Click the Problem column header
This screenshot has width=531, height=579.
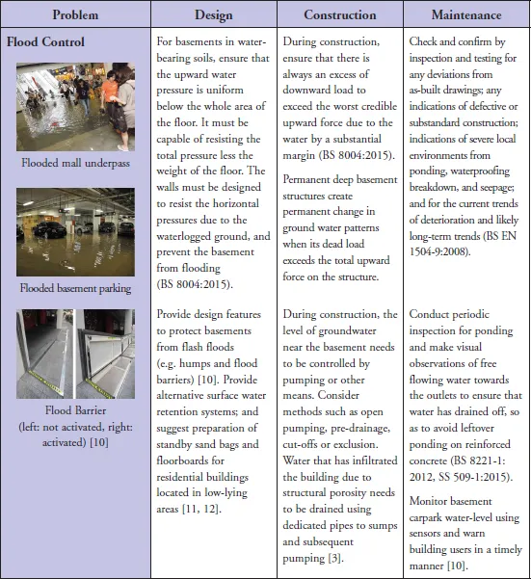point(75,14)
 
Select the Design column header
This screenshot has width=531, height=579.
point(214,15)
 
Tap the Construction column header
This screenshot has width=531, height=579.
point(340,14)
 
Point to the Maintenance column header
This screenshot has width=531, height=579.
point(466,14)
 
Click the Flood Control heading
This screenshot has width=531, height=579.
point(45,41)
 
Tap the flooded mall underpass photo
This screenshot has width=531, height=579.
point(75,107)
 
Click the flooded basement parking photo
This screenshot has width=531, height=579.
point(75,232)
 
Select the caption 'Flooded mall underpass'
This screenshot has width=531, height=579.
point(75,163)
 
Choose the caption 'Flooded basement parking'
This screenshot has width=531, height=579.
point(75,288)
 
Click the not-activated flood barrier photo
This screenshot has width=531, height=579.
point(44,354)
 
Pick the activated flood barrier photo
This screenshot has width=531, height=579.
point(106,354)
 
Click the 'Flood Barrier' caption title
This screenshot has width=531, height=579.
point(75,410)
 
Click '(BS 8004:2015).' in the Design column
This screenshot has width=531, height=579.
point(195,284)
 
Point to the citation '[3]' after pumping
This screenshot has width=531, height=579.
point(335,558)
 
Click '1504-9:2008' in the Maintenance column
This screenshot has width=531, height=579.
point(438,252)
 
